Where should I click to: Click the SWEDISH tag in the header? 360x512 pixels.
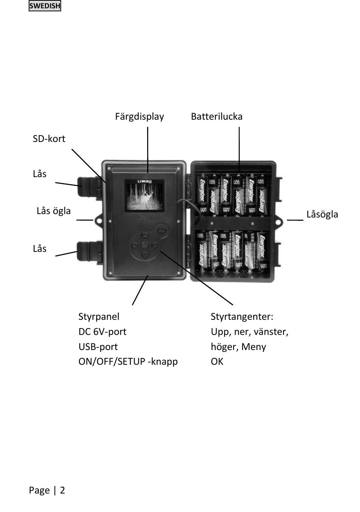click(x=45, y=6)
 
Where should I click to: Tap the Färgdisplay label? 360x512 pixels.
click(x=139, y=117)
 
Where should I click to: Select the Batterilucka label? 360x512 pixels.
click(x=217, y=117)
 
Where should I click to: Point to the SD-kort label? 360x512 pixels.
click(x=49, y=139)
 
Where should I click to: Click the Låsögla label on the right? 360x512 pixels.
click(x=322, y=214)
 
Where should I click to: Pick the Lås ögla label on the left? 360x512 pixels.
click(x=54, y=211)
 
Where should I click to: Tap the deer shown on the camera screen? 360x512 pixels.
click(x=145, y=197)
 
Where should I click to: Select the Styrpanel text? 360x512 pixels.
click(x=99, y=317)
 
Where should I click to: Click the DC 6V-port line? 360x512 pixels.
click(x=102, y=332)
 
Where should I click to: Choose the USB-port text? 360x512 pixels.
click(x=98, y=347)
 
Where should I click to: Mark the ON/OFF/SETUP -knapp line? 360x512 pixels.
click(x=128, y=362)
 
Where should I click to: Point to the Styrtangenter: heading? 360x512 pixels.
click(x=242, y=317)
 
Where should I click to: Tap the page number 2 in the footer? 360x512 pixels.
click(x=62, y=490)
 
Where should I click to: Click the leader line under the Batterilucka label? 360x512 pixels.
click(x=239, y=149)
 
